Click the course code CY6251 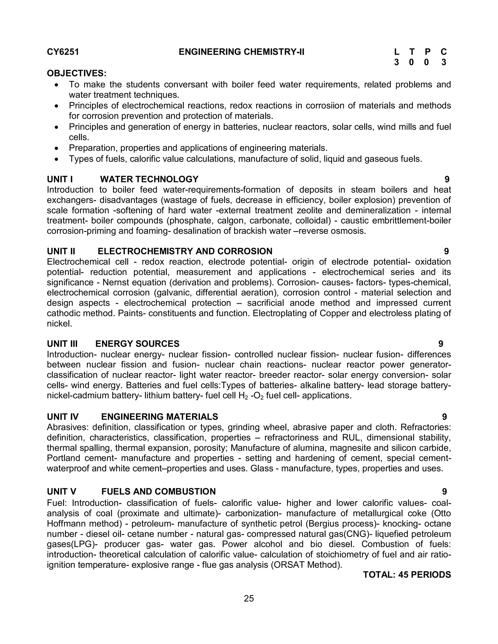63,52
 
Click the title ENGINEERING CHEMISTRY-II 241,52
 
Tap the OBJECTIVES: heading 77,73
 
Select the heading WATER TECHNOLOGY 149,179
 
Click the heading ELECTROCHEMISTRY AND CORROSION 185,251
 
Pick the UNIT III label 62,344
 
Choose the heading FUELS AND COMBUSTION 159,492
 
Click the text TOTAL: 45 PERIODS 407,575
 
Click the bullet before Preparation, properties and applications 57,148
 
